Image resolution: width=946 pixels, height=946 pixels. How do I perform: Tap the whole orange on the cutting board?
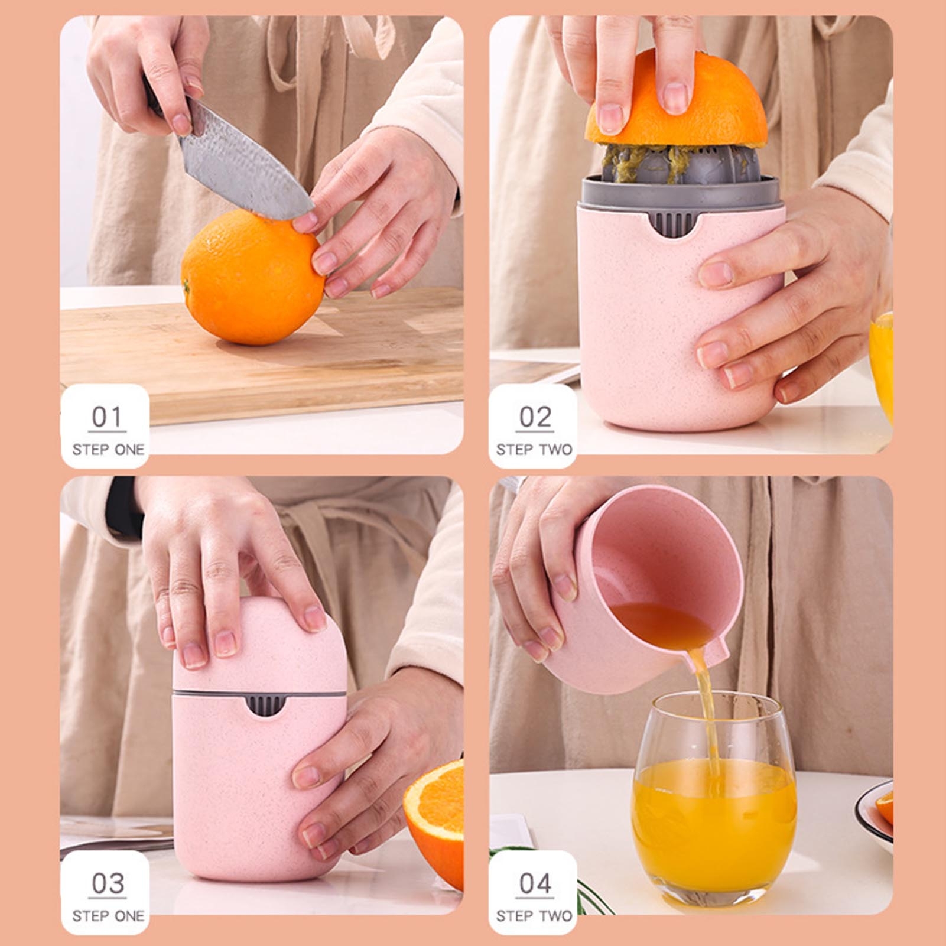tap(252, 277)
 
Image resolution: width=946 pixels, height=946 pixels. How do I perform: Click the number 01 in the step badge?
tap(107, 417)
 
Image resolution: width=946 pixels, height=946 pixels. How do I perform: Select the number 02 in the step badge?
tap(535, 417)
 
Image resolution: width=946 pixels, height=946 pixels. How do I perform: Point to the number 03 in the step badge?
tap(108, 883)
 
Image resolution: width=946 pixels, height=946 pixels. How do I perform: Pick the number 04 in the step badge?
tap(535, 883)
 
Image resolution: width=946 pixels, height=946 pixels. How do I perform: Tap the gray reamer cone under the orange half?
tap(680, 163)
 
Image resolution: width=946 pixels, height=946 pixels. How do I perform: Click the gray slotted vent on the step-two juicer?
tap(675, 223)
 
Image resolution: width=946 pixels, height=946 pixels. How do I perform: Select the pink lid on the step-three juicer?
tap(259, 644)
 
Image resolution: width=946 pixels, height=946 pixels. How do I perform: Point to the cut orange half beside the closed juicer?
tap(434, 821)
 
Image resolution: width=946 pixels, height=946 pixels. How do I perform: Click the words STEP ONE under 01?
tap(108, 450)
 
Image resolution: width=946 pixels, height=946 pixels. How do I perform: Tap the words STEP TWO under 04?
tap(534, 916)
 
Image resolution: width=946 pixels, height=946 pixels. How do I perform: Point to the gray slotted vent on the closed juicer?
tap(265, 706)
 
